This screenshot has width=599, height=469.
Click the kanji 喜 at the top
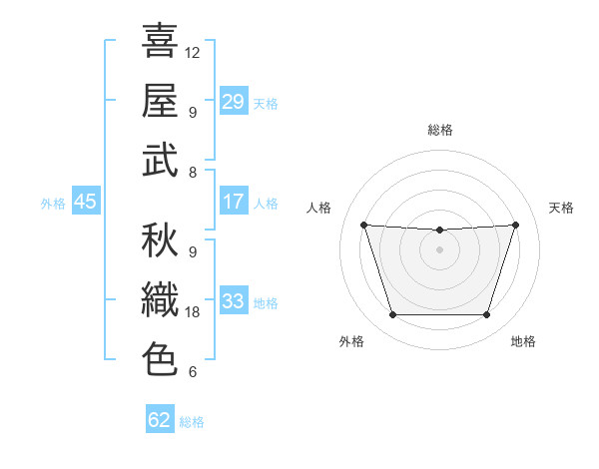[x=160, y=41]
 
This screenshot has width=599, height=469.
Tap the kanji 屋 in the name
[x=160, y=100]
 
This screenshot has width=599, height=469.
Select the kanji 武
[x=160, y=160]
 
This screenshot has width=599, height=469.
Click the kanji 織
[x=160, y=298]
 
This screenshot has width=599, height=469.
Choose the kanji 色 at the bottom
[x=160, y=358]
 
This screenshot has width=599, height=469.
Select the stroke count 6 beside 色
[x=193, y=372]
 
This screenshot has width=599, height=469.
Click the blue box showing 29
[x=234, y=102]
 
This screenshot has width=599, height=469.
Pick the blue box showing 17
[x=234, y=202]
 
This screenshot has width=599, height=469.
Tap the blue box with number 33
[x=234, y=301]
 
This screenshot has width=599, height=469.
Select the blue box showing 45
[x=85, y=202]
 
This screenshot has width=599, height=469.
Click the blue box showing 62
[x=160, y=420]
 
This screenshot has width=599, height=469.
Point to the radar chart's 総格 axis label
[x=439, y=131]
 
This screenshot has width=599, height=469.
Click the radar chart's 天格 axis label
[x=561, y=208]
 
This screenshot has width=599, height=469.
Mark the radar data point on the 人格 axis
[x=363, y=226]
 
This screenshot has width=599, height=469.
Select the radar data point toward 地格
[x=486, y=315]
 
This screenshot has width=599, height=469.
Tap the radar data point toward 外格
[x=392, y=315]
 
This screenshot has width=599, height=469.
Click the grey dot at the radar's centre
[x=439, y=249]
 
